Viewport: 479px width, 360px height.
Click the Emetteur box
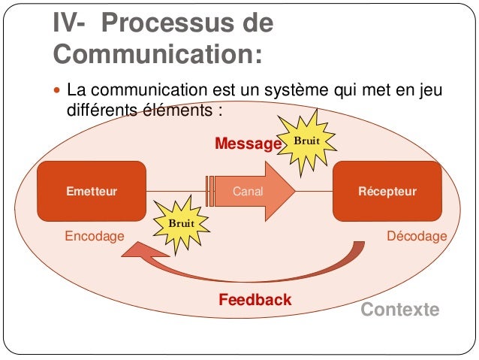pyautogui.click(x=92, y=191)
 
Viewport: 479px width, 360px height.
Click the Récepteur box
pyautogui.click(x=387, y=191)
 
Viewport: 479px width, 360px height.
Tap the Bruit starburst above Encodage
pyautogui.click(x=180, y=223)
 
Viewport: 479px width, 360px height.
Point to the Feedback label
pyautogui.click(x=255, y=301)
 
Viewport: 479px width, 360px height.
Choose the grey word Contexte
pyautogui.click(x=400, y=310)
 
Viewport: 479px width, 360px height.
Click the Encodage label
pyautogui.click(x=95, y=236)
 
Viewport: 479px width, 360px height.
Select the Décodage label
pyautogui.click(x=416, y=236)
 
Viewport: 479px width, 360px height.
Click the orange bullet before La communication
pyautogui.click(x=59, y=92)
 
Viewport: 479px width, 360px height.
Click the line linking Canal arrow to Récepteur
pyautogui.click(x=315, y=191)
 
